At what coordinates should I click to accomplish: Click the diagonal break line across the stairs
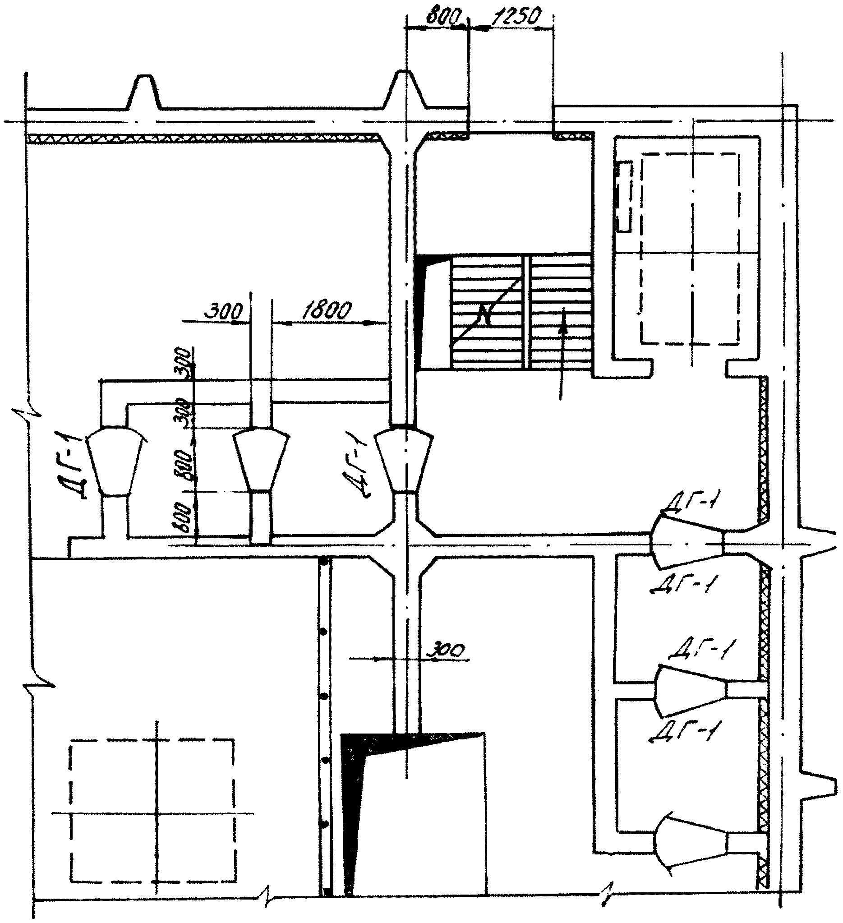coord(486,313)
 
